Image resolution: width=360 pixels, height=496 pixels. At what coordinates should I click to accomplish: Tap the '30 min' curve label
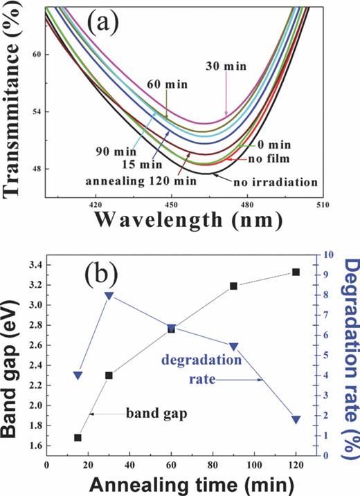226,67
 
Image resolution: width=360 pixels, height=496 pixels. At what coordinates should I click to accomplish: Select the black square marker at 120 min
296,272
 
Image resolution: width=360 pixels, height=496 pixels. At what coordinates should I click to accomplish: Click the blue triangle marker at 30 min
109,296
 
